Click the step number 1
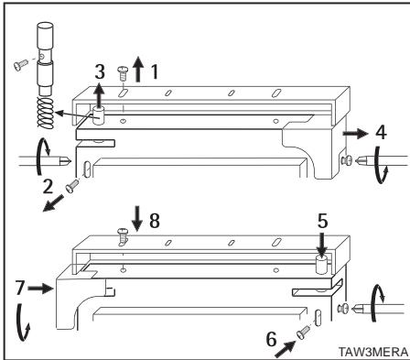point(155,71)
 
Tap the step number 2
point(48,186)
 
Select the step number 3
point(100,71)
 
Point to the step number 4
point(381,133)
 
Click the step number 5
point(323,221)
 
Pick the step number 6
point(271,339)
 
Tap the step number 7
point(20,288)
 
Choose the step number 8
point(155,221)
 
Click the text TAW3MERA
point(372,352)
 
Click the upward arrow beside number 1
point(138,70)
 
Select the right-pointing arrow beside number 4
point(356,134)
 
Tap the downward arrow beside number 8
point(137,218)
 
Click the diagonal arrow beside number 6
point(286,349)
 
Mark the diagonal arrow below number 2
point(54,203)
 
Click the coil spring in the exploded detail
point(45,112)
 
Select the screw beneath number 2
point(72,186)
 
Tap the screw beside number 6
point(304,333)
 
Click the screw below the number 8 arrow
point(123,235)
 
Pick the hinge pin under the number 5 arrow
point(321,265)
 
